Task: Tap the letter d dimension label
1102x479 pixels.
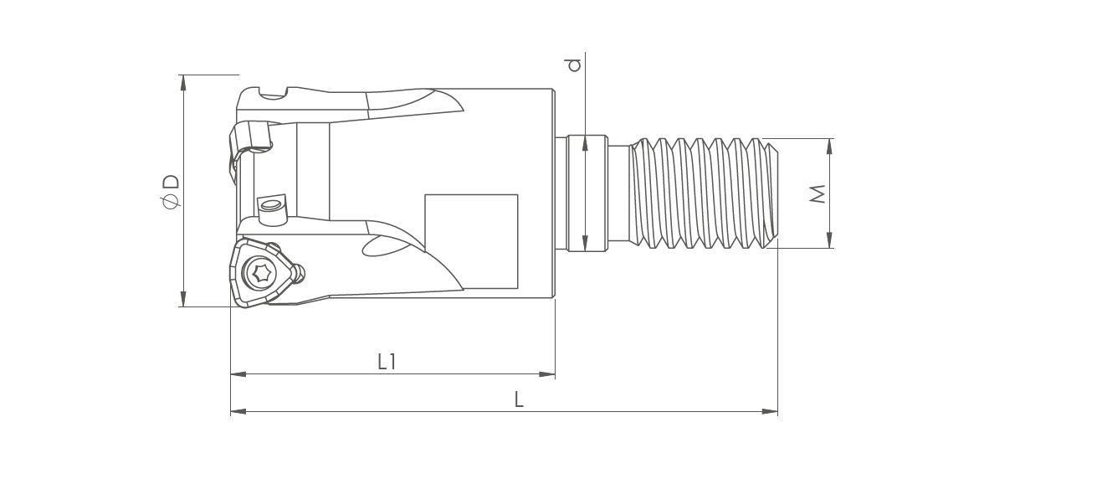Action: point(574,65)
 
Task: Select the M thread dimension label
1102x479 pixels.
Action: point(818,194)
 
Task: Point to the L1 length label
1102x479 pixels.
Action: point(387,362)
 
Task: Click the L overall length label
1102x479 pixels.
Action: point(519,399)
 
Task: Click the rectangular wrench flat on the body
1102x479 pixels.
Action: point(471,241)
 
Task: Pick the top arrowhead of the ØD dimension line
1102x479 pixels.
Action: point(183,82)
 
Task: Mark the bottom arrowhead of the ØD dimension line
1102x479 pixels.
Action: point(183,299)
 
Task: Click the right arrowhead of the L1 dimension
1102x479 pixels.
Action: point(547,374)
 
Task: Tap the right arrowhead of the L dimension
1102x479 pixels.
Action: point(770,411)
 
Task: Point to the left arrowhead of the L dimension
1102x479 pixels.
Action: point(238,411)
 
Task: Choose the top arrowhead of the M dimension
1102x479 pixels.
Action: point(829,147)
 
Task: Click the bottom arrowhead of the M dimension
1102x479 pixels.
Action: point(829,240)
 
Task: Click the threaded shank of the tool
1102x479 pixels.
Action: point(704,193)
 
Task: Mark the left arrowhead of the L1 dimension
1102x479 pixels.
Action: point(238,374)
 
